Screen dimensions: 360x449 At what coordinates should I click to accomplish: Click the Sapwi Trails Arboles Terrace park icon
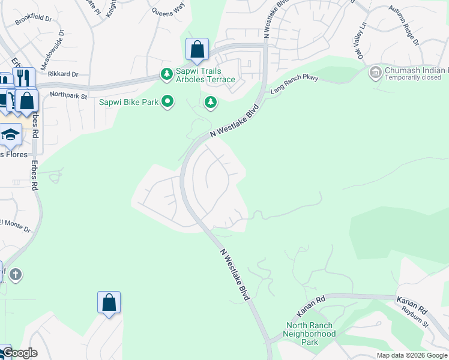pyautogui.click(x=166, y=74)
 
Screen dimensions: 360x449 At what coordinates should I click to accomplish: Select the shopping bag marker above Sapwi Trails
pyautogui.click(x=197, y=50)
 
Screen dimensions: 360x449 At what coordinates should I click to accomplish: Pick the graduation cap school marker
pyautogui.click(x=11, y=135)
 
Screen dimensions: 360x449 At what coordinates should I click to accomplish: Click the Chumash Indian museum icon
pyautogui.click(x=376, y=72)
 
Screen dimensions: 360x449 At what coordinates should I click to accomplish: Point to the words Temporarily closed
pyautogui.click(x=414, y=78)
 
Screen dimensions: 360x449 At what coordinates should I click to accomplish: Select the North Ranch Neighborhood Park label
pyautogui.click(x=310, y=334)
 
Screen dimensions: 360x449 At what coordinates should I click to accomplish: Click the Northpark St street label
pyautogui.click(x=68, y=95)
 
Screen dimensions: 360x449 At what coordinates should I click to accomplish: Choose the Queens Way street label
pyautogui.click(x=168, y=11)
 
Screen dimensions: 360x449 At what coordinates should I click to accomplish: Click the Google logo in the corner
pyautogui.click(x=20, y=353)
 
